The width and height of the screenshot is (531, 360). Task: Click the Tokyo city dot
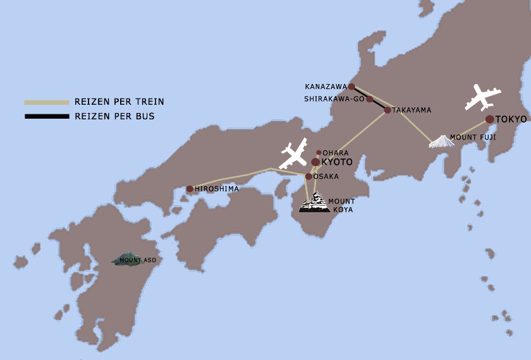(489, 119)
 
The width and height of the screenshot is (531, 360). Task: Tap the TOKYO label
(511, 119)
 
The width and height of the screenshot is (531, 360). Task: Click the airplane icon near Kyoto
(293, 154)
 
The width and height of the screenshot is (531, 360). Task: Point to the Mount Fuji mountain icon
(441, 141)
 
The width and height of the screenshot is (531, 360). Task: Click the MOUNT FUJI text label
(470, 137)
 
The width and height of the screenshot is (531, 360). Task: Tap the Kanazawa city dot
(351, 87)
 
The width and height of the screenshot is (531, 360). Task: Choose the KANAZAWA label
(326, 87)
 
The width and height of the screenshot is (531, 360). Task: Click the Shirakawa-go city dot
(370, 99)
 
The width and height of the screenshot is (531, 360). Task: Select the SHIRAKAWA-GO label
(334, 99)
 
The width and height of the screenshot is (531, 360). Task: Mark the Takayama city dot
(388, 110)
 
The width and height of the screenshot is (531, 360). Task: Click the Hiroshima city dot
(190, 189)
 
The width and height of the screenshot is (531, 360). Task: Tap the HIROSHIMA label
(217, 189)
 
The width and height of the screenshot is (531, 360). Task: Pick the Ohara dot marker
(319, 153)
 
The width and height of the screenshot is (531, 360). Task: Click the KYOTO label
(337, 162)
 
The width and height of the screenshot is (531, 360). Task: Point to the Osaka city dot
(308, 176)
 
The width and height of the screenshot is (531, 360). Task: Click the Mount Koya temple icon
(315, 203)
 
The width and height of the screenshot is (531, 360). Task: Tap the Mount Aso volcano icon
(126, 259)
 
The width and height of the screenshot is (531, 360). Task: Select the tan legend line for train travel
(46, 102)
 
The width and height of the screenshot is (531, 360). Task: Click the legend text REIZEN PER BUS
(114, 116)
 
